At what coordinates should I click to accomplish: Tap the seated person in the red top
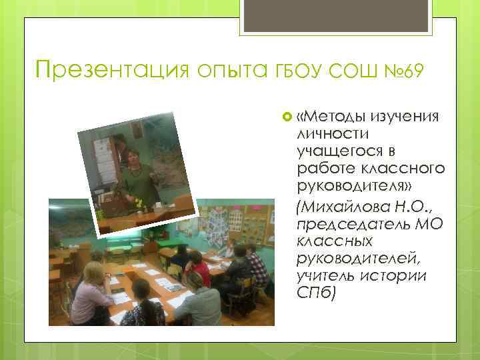[x=197, y=269]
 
